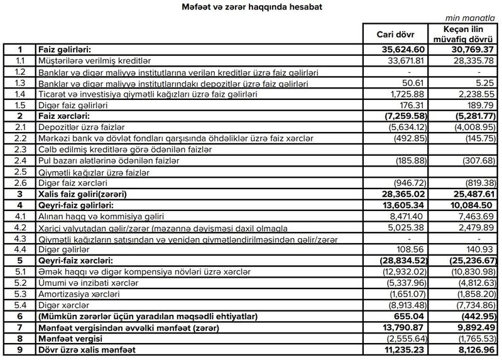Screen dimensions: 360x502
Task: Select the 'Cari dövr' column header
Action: coord(395,34)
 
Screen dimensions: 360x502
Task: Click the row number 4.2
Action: coord(21,227)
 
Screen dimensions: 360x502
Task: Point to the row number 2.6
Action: coord(21,183)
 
